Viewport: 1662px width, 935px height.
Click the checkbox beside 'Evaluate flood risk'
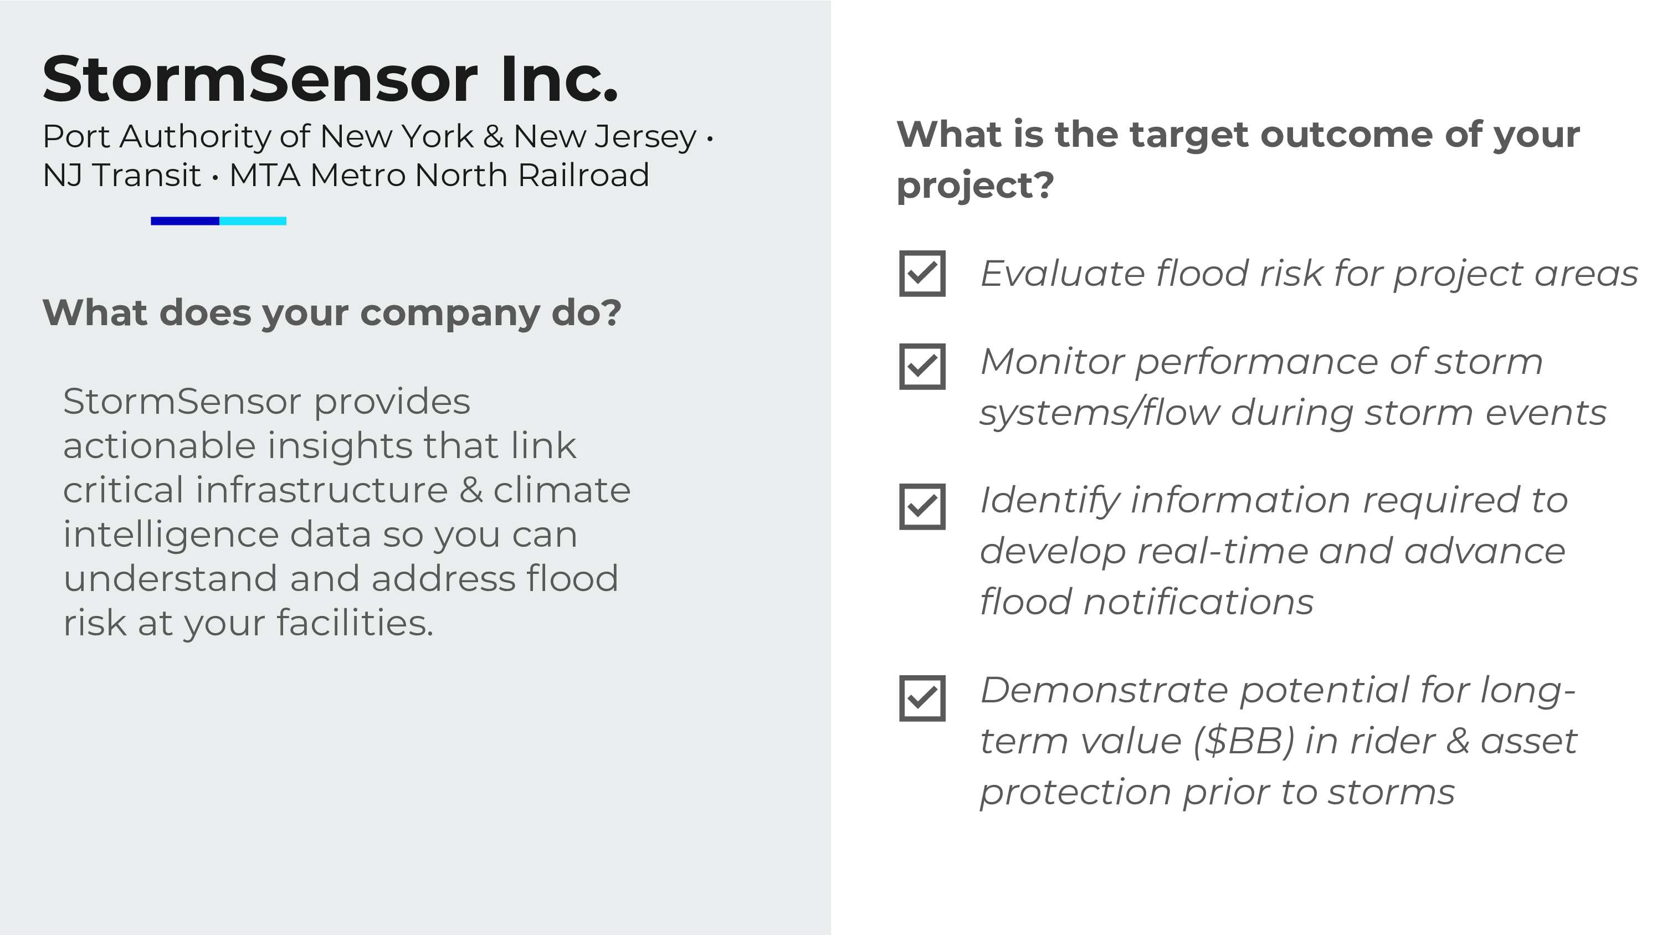(922, 274)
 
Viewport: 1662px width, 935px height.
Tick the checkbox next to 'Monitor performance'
(922, 367)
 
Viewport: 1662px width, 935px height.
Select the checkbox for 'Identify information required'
(922, 506)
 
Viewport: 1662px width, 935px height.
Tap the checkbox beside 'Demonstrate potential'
(922, 698)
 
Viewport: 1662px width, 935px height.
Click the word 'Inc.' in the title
(559, 79)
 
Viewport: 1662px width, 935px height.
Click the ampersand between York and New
(493, 137)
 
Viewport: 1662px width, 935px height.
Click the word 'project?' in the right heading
(975, 186)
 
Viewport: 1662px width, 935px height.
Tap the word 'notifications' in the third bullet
(1198, 603)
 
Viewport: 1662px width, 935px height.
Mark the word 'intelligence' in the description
(170, 535)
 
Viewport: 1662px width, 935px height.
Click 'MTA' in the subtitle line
(264, 176)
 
